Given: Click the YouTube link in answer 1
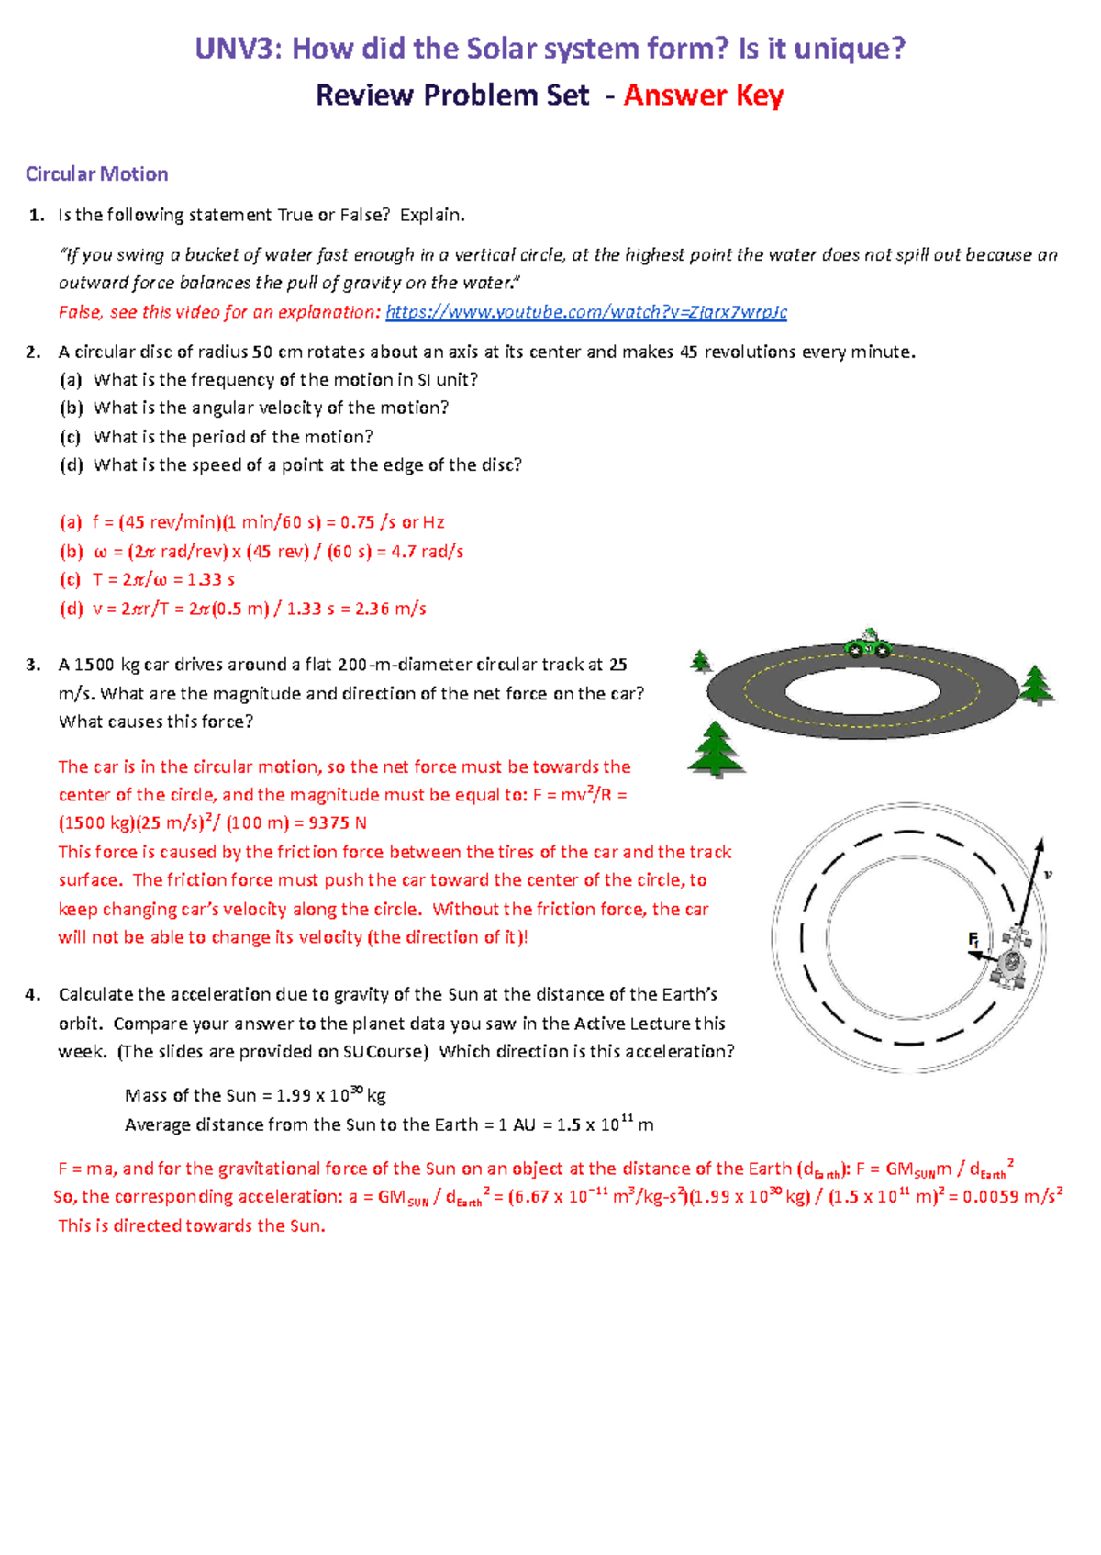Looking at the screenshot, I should pyautogui.click(x=585, y=312).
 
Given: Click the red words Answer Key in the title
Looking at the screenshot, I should pyautogui.click(x=703, y=95).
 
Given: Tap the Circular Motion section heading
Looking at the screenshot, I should pyautogui.click(x=96, y=174).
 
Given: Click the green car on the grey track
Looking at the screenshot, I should pyautogui.click(x=867, y=644).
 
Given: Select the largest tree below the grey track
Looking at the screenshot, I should pyautogui.click(x=716, y=748).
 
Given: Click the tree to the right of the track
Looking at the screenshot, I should pyautogui.click(x=1036, y=685).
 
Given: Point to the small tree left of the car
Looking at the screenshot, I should pyautogui.click(x=701, y=661).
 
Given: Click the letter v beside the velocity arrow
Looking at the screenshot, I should pyautogui.click(x=1048, y=875).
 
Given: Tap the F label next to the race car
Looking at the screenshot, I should pyautogui.click(x=974, y=940).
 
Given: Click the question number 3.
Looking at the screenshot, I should pyautogui.click(x=34, y=665).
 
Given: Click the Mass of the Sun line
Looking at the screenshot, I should pyautogui.click(x=255, y=1095).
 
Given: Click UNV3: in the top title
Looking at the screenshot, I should pyautogui.click(x=238, y=49).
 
